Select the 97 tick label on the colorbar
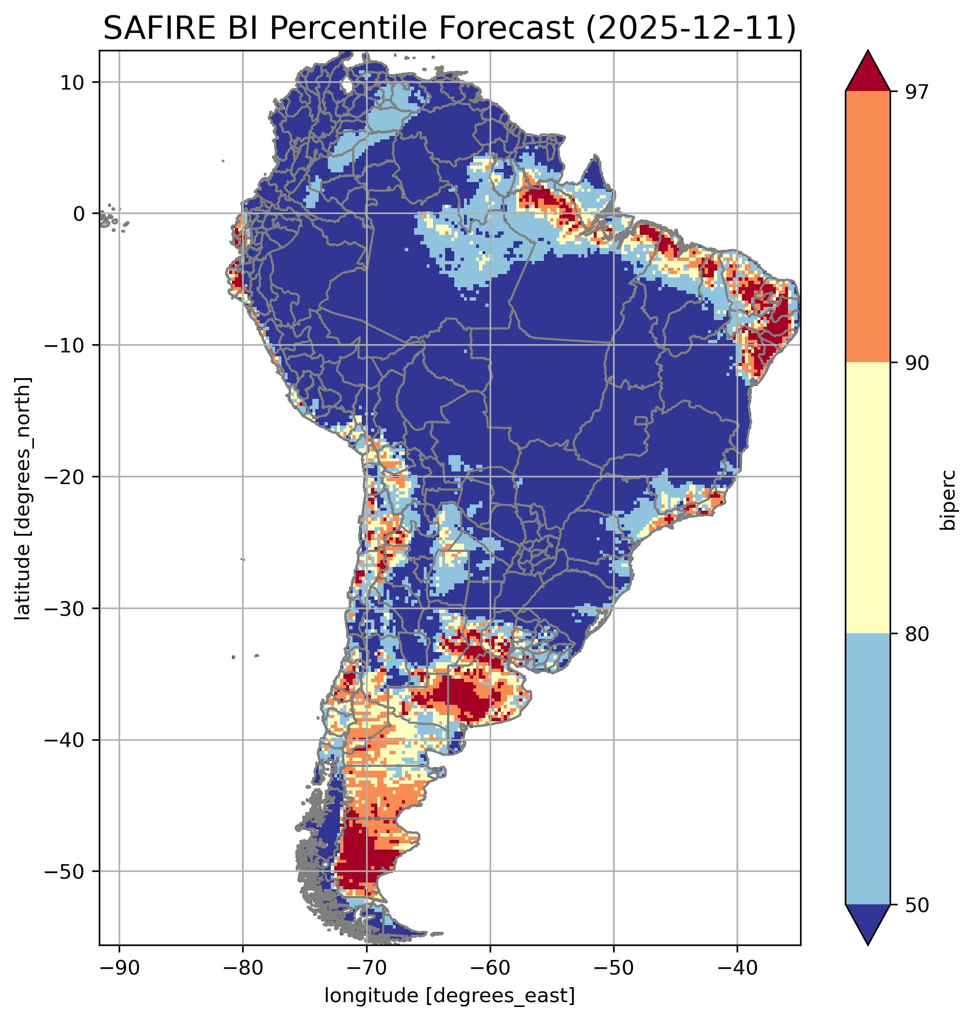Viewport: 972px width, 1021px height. pos(917,91)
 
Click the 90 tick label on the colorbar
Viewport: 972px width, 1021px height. pos(917,363)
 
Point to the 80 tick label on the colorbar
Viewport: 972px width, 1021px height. pos(917,634)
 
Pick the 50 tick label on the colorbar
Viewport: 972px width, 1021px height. pos(917,905)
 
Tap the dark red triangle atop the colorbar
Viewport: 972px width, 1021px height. pos(867,73)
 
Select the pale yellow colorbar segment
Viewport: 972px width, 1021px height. pos(867,497)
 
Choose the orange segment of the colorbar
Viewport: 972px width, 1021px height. pos(867,227)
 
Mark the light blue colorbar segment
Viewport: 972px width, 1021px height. pos(867,769)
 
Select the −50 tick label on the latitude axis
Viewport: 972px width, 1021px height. pos(64,872)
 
